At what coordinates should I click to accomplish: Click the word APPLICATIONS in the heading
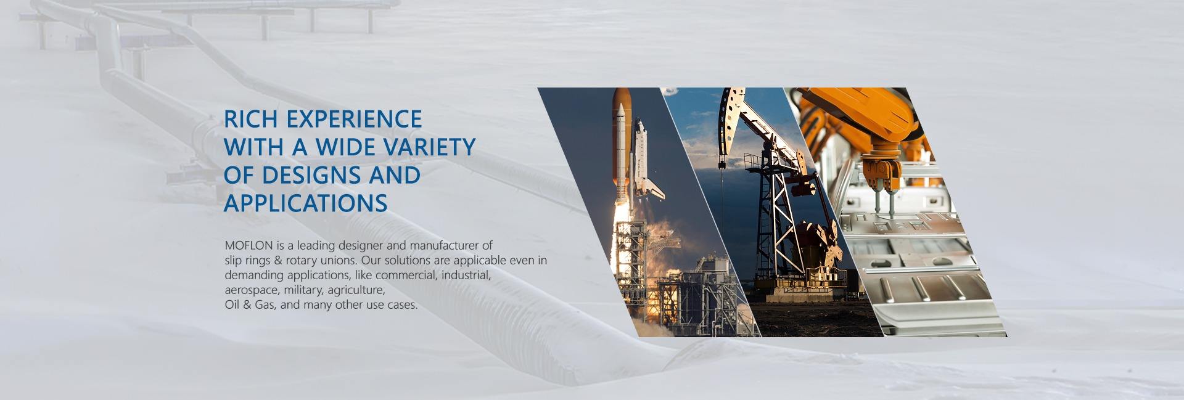coord(305,203)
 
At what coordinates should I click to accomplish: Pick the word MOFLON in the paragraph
coord(249,246)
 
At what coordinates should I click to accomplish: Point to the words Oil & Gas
coord(250,305)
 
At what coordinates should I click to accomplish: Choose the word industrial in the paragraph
coord(466,275)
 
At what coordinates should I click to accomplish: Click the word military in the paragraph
coord(303,290)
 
